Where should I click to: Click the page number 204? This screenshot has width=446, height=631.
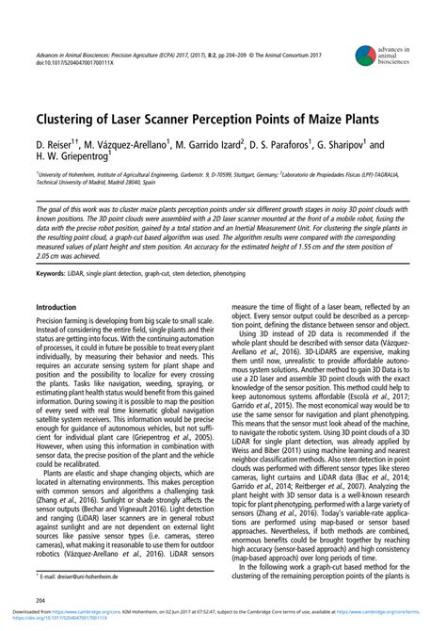[41, 599]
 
